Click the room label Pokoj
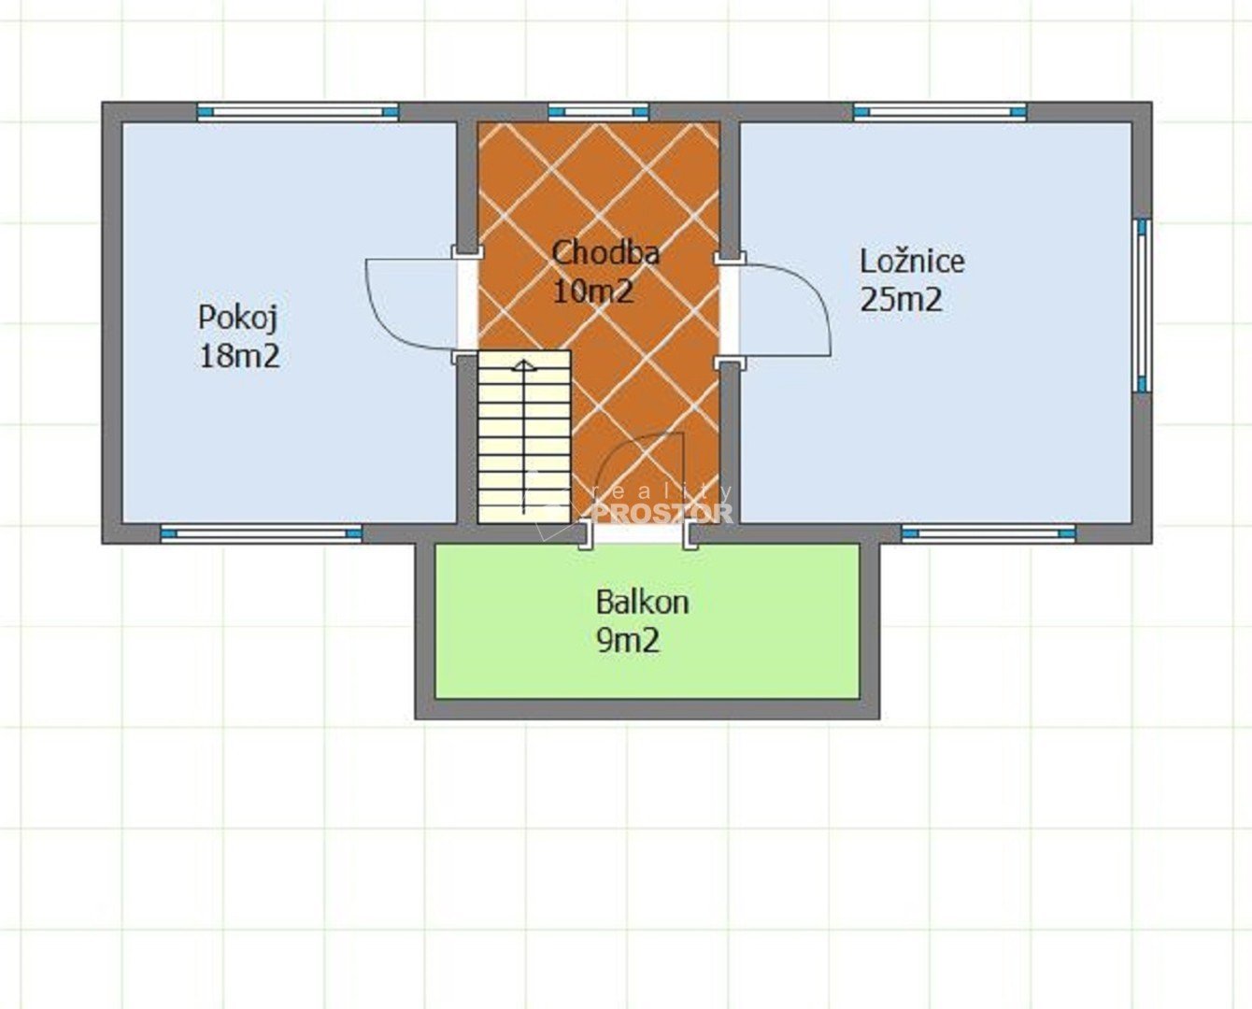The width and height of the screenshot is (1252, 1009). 238,319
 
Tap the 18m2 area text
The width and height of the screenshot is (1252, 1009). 240,356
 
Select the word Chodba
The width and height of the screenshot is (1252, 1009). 605,253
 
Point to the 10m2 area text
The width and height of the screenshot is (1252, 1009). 592,291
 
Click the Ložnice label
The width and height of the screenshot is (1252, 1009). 912,261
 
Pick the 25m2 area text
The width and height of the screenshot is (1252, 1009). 902,300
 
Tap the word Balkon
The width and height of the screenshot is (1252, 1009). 642,603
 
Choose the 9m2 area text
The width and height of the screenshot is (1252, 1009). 628,641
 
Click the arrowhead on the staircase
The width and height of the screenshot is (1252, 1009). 524,365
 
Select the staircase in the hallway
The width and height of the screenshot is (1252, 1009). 524,437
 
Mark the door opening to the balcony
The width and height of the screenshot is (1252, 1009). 639,533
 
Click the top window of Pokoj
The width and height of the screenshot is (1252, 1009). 298,112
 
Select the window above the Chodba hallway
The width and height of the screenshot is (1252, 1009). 599,112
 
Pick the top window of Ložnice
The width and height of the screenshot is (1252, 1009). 940,112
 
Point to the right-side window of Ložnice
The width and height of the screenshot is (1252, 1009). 1143,305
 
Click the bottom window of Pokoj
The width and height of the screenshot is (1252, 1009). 262,533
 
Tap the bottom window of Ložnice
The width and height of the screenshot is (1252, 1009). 989,533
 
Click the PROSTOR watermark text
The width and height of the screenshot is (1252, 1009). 662,513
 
